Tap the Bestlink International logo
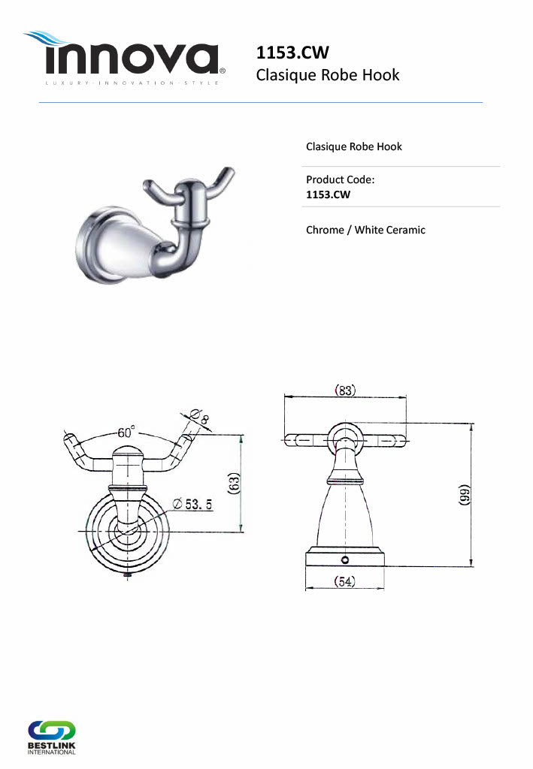coord(52,737)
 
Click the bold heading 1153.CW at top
coord(292,53)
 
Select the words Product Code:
coord(340,179)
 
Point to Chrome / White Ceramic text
coord(365,230)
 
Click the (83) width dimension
coord(345,390)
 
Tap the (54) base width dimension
coord(344,582)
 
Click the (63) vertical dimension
coord(234,483)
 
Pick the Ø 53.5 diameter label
coord(192,504)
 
